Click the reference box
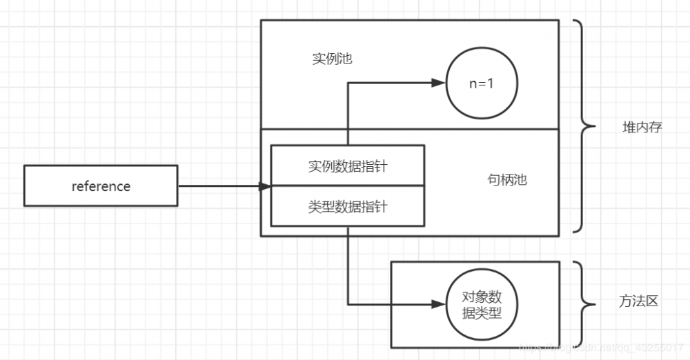[101, 186]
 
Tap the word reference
[101, 186]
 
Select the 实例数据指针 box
[347, 166]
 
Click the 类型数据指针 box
[347, 206]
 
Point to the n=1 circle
[482, 83]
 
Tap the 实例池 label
[332, 59]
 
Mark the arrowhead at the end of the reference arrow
[264, 186]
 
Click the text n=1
[482, 83]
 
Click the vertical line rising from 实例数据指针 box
[347, 114]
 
